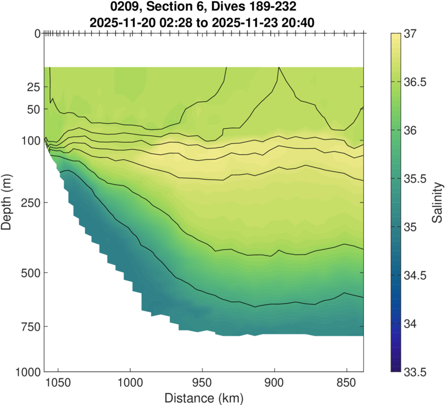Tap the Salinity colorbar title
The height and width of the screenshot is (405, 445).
pos(438,202)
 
